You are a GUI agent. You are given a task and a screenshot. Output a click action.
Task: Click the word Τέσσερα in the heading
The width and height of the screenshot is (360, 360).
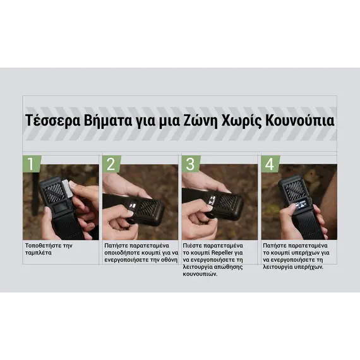[52, 120]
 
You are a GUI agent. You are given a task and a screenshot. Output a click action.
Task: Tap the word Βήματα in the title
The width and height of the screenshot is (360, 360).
[108, 120]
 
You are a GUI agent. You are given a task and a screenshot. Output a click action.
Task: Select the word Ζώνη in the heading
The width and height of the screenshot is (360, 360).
[200, 120]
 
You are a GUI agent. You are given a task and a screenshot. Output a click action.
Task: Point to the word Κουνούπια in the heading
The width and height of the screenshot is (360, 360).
[300, 120]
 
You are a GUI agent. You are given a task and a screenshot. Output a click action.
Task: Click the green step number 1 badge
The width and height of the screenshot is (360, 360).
[31, 164]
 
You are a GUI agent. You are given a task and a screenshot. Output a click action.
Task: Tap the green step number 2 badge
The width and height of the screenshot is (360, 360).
[111, 164]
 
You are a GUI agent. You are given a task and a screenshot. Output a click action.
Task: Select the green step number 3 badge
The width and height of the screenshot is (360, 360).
[191, 164]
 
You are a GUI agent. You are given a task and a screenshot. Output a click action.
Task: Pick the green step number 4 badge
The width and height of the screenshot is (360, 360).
[270, 164]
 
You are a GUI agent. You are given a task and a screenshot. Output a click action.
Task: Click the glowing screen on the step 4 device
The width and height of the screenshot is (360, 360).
[301, 205]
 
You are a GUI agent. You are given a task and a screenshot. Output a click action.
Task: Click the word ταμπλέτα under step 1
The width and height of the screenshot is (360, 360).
[39, 253]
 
